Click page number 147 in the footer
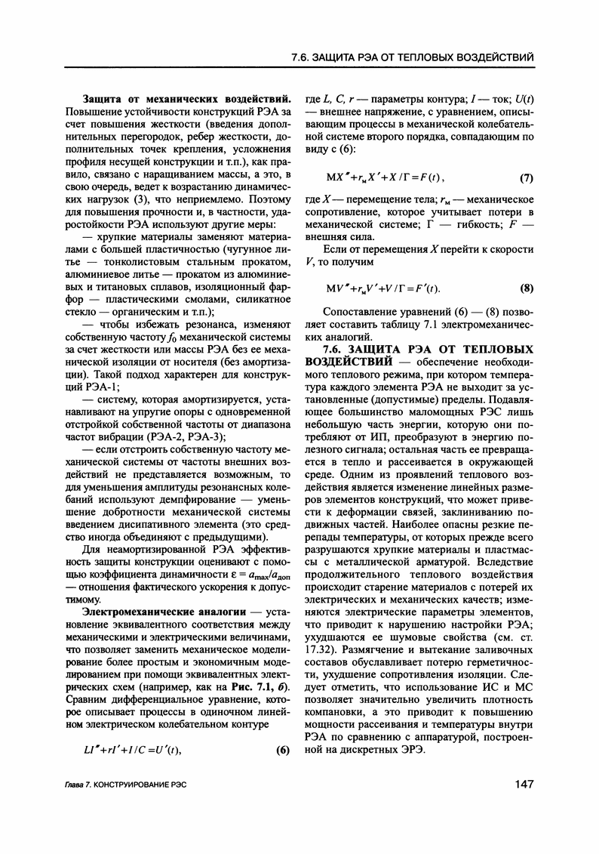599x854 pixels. pyautogui.click(x=521, y=785)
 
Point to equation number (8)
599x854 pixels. pyautogui.click(x=527, y=288)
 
